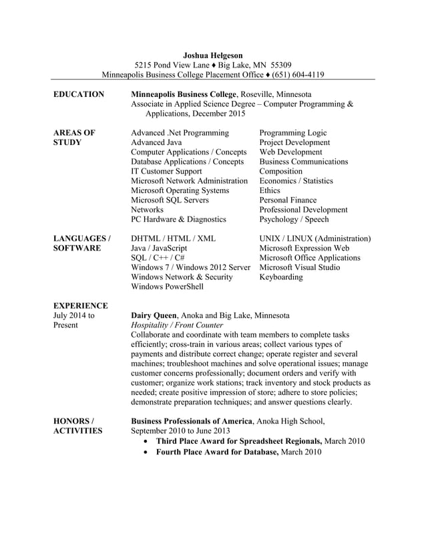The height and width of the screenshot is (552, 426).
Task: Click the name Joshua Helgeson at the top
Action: point(212,55)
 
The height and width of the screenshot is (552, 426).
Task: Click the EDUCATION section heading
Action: point(78,94)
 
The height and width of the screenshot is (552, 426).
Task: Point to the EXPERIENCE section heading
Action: point(80,305)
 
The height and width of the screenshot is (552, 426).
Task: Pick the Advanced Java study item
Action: point(156,142)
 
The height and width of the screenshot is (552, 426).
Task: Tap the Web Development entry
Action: point(290,152)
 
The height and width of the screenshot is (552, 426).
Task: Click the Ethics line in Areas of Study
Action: point(270,190)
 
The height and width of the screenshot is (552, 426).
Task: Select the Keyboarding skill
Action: point(281,277)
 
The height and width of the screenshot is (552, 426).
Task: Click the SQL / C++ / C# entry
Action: point(158,257)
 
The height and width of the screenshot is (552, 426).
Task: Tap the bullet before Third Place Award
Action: point(146,442)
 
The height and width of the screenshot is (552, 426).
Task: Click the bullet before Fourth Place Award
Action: point(146,452)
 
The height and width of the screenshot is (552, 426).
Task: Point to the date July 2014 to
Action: point(73,315)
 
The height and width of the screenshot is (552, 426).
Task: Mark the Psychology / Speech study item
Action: point(294,219)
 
